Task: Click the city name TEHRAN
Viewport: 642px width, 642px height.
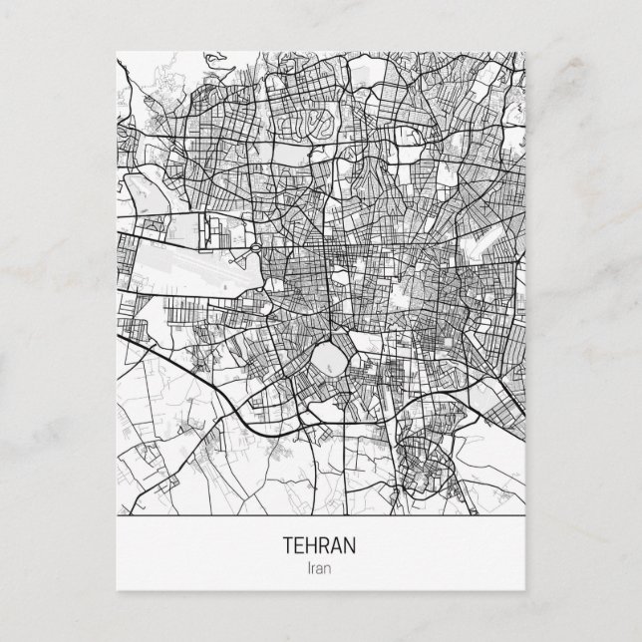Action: [320, 547]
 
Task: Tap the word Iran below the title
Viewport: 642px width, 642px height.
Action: [320, 569]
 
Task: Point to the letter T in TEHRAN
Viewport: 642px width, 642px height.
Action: [289, 547]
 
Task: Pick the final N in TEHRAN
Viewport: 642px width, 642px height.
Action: [351, 547]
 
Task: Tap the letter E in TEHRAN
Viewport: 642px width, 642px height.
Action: [300, 547]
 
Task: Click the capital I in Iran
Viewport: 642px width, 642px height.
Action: [310, 569]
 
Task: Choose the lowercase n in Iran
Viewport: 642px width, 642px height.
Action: [330, 569]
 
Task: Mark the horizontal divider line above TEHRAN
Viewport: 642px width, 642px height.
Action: [320, 521]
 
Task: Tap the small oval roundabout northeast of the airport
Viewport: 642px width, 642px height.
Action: [255, 248]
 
